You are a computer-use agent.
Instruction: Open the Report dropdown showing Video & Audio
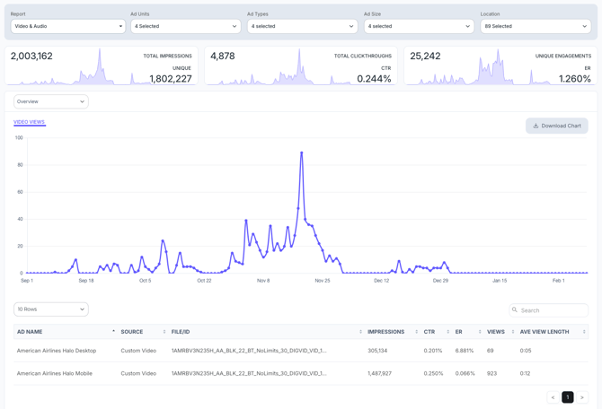pos(67,26)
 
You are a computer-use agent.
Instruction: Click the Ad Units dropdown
pos(185,26)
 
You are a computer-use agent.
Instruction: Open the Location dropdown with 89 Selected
pos(536,26)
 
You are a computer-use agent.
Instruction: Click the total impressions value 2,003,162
pos(31,56)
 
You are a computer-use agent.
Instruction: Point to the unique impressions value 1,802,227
pos(171,79)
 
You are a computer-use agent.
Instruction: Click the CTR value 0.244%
pos(374,79)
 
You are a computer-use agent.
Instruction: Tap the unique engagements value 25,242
pos(425,56)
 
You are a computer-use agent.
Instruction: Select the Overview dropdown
pos(51,101)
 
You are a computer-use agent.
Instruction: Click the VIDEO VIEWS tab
pos(30,122)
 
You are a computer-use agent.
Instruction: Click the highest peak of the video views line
pos(302,152)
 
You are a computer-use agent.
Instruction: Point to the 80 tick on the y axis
pos(19,165)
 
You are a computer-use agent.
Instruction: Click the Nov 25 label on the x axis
pos(322,281)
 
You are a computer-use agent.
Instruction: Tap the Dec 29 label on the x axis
pos(440,281)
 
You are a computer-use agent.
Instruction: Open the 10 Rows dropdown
pos(51,309)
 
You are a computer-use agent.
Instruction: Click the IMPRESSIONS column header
pos(386,332)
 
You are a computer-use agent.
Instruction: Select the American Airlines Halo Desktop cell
pos(57,351)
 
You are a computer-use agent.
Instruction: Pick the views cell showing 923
pos(491,373)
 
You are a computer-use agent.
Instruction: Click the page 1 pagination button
pos(567,397)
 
